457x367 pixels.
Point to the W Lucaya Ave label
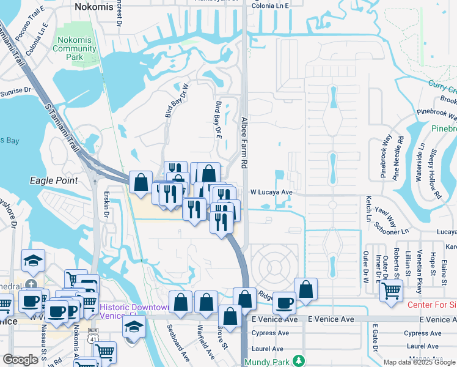272,192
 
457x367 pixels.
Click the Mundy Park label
273,361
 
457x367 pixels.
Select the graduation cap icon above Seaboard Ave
134,327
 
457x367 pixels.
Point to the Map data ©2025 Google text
419,362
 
